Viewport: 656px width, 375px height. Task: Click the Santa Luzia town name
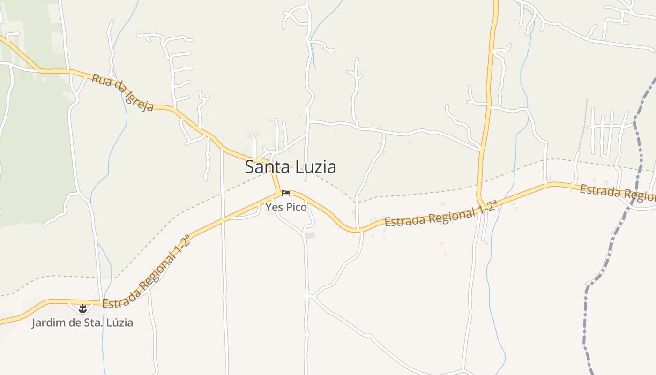pyautogui.click(x=291, y=167)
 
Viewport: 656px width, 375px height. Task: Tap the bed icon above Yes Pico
pyautogui.click(x=285, y=193)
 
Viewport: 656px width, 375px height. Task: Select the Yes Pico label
pyautogui.click(x=286, y=207)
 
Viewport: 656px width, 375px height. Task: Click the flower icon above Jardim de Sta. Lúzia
pyautogui.click(x=82, y=308)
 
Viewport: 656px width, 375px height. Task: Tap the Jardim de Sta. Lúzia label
pyautogui.click(x=82, y=322)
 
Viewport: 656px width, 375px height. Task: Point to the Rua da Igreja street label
pyautogui.click(x=122, y=92)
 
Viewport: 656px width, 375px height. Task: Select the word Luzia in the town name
pyautogui.click(x=315, y=167)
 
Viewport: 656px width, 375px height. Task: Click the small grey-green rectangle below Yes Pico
pyautogui.click(x=311, y=235)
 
